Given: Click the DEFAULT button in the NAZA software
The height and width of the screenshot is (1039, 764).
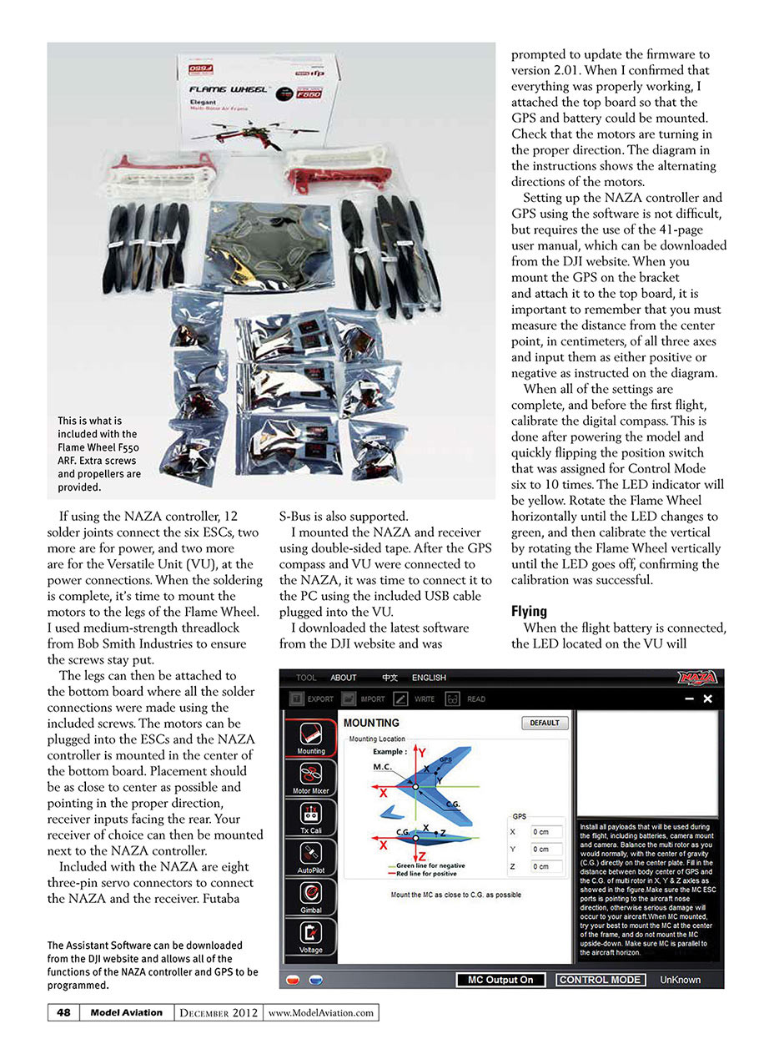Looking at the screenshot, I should [x=545, y=724].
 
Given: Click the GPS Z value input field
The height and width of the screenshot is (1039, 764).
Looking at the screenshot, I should [x=550, y=866].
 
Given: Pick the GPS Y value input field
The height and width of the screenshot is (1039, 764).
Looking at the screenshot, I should [x=550, y=849].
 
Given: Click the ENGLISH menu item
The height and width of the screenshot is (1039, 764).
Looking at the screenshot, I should [x=429, y=678].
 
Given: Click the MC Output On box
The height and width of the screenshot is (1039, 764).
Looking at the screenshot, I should [x=500, y=980].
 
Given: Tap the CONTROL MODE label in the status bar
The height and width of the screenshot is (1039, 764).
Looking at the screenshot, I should [x=600, y=980].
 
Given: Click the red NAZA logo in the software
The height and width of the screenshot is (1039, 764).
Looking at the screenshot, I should [x=697, y=678].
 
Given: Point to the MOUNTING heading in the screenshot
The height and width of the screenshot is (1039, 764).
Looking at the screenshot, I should [x=371, y=723].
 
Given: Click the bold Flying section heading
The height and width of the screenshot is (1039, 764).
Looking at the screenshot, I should [x=529, y=612].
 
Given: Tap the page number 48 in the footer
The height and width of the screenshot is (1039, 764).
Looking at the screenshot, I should [x=63, y=1012].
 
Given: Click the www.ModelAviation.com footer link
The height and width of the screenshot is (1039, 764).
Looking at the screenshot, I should [x=321, y=1013].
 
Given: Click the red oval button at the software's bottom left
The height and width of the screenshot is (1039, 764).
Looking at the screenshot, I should [x=294, y=979].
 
